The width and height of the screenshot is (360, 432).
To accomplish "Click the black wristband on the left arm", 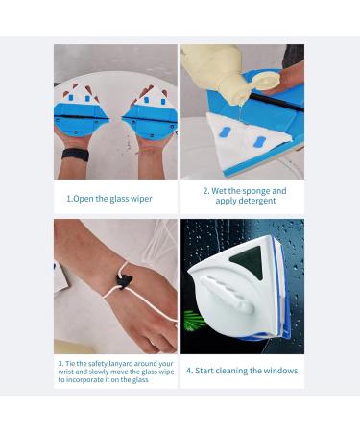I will point(75,155).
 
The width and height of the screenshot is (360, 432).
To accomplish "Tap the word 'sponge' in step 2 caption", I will point(255,191).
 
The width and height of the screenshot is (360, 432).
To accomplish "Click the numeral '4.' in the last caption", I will point(190,371).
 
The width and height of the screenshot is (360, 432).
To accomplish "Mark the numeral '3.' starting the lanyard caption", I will point(60,363).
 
